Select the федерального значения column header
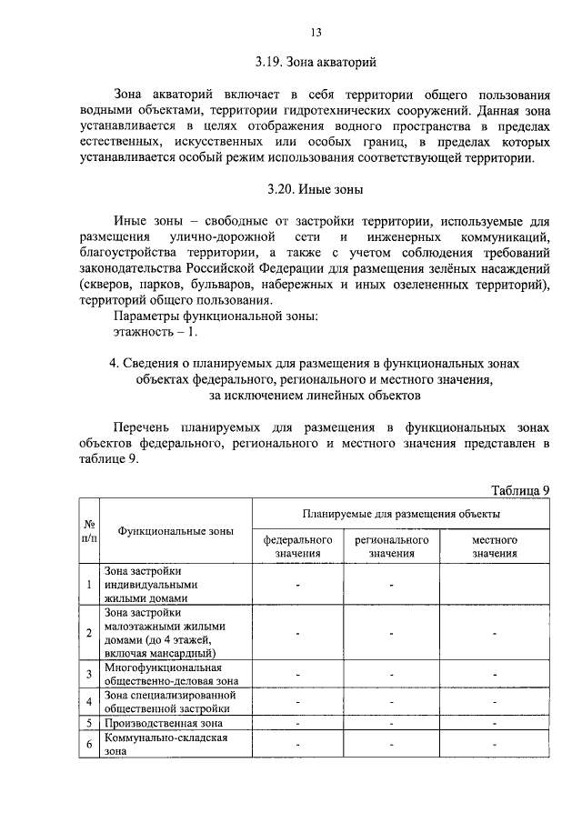click(x=298, y=546)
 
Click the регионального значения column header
click(x=392, y=546)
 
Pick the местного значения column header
click(x=495, y=546)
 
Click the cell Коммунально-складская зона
click(x=165, y=745)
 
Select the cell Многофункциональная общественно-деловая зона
click(x=171, y=674)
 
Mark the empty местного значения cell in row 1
click(x=495, y=585)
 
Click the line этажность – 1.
click(x=155, y=332)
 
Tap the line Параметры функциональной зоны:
click(x=216, y=316)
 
